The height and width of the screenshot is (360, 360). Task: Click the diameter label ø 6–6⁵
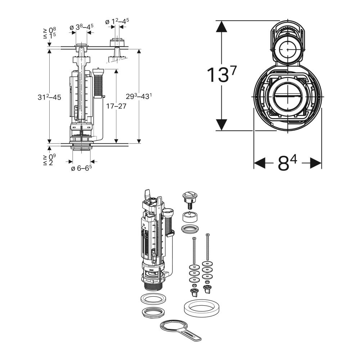coord(81,168)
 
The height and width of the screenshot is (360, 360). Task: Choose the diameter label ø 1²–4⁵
coord(117,22)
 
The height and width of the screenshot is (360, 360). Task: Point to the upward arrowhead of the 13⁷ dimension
coord(221,27)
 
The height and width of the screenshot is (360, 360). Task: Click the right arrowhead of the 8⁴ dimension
coord(316,163)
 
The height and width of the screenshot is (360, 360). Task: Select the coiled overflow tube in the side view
coord(98,85)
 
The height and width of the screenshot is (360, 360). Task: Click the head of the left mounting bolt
coord(194,239)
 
